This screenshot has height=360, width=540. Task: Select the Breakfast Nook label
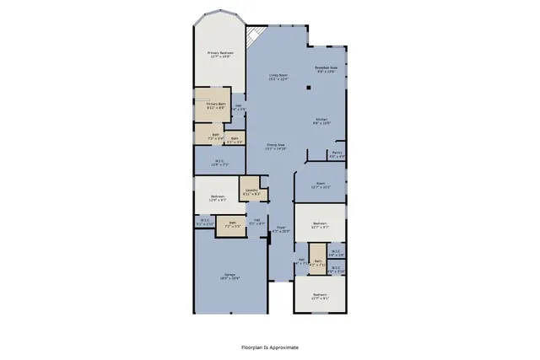click(327, 69)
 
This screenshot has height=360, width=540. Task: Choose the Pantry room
click(336, 154)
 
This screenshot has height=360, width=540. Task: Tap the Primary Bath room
click(215, 105)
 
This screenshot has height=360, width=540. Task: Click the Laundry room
click(251, 191)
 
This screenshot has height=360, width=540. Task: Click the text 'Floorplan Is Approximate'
click(270, 347)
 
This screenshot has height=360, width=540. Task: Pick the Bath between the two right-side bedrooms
click(318, 262)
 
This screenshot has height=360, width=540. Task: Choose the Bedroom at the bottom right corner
click(320, 296)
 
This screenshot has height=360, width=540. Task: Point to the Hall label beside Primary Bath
click(239, 108)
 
